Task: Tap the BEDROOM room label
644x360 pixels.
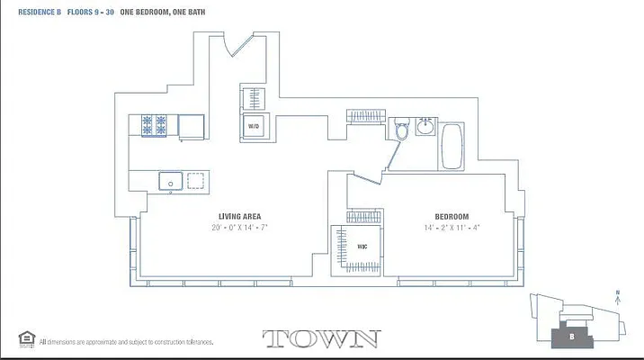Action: (452, 216)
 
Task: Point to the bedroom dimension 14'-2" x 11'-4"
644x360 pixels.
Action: (452, 228)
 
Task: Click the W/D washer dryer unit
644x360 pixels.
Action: (254, 127)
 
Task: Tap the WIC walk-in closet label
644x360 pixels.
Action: (362, 245)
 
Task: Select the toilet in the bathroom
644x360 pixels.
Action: (402, 131)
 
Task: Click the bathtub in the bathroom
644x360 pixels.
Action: (451, 145)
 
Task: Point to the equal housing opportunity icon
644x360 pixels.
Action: (25, 339)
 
